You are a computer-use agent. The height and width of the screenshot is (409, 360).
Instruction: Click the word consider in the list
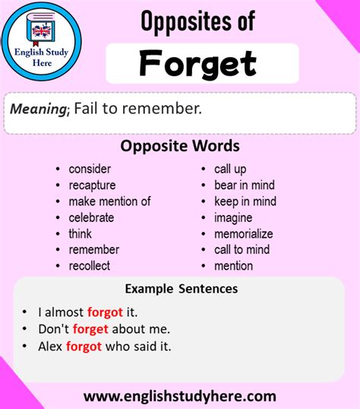(90, 169)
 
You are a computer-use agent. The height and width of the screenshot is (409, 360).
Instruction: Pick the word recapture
(92, 185)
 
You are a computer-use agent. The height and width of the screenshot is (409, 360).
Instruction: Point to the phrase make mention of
(109, 201)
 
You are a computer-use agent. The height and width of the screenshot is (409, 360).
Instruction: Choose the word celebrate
(91, 217)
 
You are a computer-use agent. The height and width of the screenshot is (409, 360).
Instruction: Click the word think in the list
(81, 233)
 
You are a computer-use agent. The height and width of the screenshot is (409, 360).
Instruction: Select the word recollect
(89, 265)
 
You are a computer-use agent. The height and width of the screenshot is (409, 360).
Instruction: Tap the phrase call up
(230, 169)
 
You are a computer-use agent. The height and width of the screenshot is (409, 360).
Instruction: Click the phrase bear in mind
(244, 185)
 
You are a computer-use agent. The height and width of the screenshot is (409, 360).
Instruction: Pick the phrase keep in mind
(245, 201)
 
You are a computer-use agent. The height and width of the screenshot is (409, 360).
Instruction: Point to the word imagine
(234, 217)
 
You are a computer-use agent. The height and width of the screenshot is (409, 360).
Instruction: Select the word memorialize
(243, 233)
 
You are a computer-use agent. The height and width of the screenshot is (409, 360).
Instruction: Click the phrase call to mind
(242, 249)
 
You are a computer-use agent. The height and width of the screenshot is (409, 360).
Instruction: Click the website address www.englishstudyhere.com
(179, 395)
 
